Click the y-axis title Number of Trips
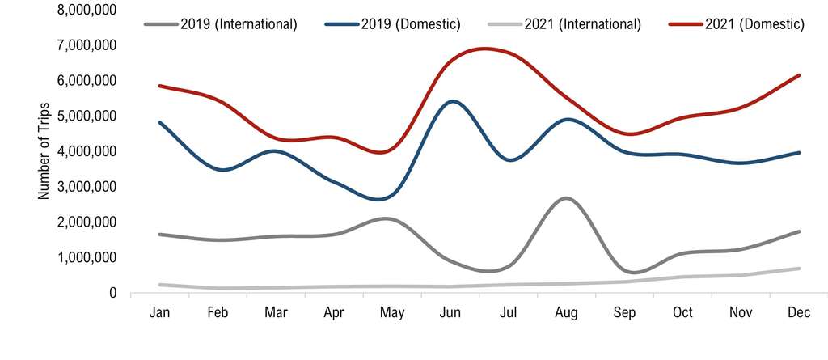pyautogui.click(x=44, y=151)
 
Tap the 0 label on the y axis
pyautogui.click(x=113, y=293)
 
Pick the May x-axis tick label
pyautogui.click(x=394, y=313)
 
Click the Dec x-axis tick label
pyautogui.click(x=799, y=313)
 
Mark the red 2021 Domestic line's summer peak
pyautogui.click(x=485, y=49)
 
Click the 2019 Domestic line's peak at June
pyautogui.click(x=453, y=101)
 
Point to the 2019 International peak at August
pyautogui.click(x=567, y=197)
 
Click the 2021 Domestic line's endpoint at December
pyautogui.click(x=799, y=75)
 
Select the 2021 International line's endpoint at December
pyautogui.click(x=799, y=269)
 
